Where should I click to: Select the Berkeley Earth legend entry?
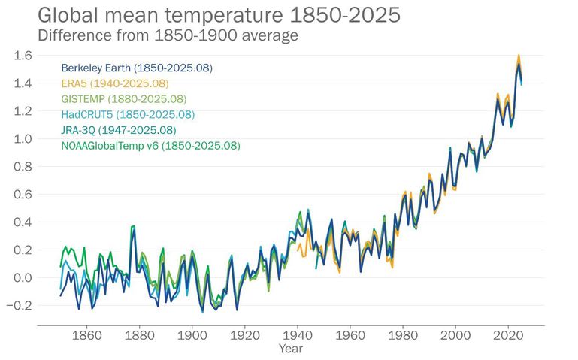click(137, 68)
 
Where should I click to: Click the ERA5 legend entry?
click(114, 83)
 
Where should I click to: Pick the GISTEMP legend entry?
click(123, 98)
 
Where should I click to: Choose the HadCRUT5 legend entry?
click(128, 114)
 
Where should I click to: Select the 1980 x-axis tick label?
click(404, 335)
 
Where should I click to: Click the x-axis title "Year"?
click(290, 349)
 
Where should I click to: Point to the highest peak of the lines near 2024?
click(519, 56)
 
